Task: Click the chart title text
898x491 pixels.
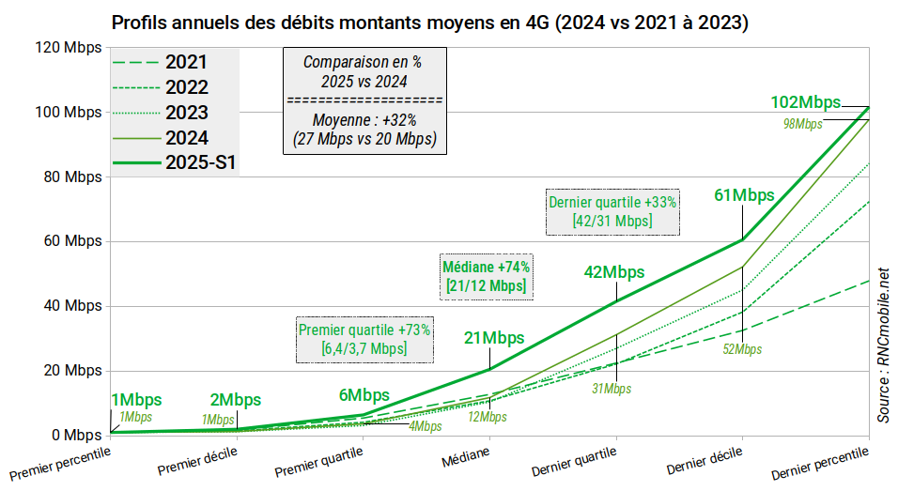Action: pos(429,22)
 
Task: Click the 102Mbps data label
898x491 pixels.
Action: pos(805,102)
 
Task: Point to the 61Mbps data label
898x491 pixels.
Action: pos(744,195)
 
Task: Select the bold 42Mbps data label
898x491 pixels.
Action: pos(614,272)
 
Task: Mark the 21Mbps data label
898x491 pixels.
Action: pos(494,338)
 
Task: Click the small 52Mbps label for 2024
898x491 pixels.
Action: pos(742,349)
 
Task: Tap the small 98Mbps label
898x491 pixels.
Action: pos(802,124)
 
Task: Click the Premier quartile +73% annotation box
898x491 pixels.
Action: pos(364,340)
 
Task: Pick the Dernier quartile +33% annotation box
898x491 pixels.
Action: pos(612,211)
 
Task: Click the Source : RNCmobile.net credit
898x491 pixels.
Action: pos(883,344)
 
